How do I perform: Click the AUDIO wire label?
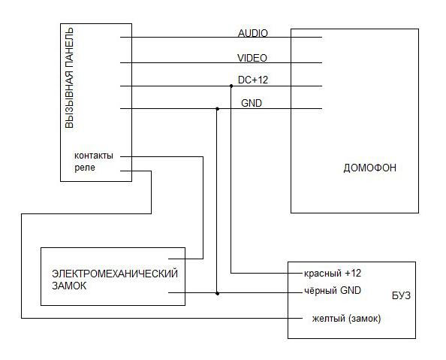click(x=253, y=33)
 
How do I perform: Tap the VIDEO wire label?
click(x=252, y=58)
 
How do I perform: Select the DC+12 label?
click(x=253, y=80)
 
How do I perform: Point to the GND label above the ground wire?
click(x=252, y=103)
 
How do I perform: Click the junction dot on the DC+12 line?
click(x=231, y=86)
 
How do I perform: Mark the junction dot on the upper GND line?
click(x=217, y=109)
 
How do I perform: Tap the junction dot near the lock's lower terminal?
click(x=217, y=293)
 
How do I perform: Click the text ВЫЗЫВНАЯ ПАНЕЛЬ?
click(x=69, y=77)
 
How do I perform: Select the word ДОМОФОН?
click(x=369, y=168)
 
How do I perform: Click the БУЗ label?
click(x=402, y=295)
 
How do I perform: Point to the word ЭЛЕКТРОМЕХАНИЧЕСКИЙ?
click(x=115, y=274)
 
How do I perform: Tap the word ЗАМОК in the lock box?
click(x=69, y=286)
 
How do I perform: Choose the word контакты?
click(x=94, y=156)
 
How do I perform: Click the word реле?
click(x=85, y=168)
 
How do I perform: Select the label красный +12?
click(x=333, y=274)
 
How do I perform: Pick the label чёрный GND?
click(x=333, y=291)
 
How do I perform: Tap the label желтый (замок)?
click(x=346, y=318)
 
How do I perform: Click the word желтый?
click(x=329, y=318)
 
